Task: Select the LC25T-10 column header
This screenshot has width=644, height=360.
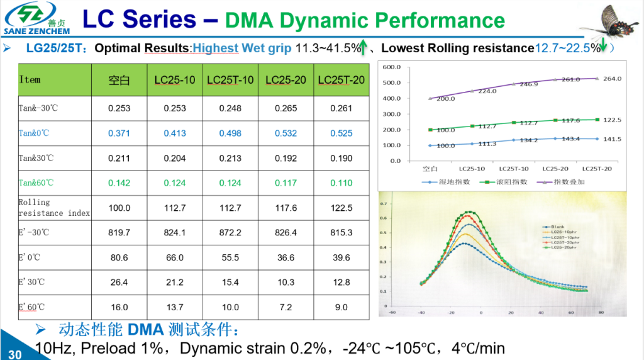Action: pos(230,80)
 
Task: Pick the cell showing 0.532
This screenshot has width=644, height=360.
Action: pos(286,133)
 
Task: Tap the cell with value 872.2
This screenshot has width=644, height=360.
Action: pos(230,232)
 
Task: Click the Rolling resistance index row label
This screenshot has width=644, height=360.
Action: pos(54,208)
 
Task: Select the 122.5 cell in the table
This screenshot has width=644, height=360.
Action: pos(341,208)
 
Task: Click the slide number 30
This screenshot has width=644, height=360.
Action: pos(14,354)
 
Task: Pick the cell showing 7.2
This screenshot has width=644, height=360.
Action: pos(286,307)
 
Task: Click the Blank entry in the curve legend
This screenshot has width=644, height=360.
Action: pos(553,225)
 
